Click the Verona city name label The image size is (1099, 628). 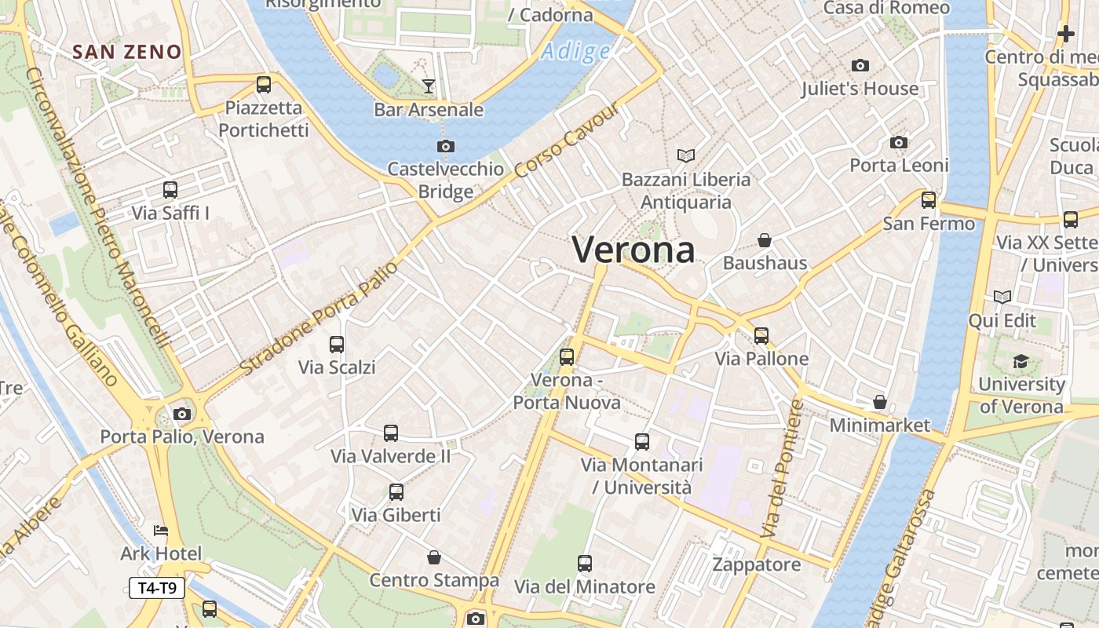[633, 250]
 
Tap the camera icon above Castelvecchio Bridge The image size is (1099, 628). [445, 146]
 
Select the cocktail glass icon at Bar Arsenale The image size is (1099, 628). [428, 86]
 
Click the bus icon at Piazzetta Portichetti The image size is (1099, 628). [264, 85]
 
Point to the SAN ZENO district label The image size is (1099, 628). [127, 53]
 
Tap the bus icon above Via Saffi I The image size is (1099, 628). [170, 190]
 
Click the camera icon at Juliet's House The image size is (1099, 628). [860, 66]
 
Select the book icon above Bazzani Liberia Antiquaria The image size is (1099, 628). [686, 156]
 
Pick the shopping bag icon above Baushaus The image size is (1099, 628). [765, 239]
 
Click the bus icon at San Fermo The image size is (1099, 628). [929, 200]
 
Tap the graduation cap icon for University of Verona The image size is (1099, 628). [1020, 361]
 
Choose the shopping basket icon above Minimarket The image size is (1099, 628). [880, 402]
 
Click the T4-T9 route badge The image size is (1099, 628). [157, 588]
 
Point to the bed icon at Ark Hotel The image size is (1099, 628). [161, 531]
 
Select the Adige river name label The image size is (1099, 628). [576, 52]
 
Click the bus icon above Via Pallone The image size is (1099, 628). [761, 336]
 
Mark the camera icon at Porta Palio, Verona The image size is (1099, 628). [182, 414]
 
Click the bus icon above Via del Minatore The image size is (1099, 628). [585, 564]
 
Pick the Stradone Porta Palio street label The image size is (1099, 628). [319, 319]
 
